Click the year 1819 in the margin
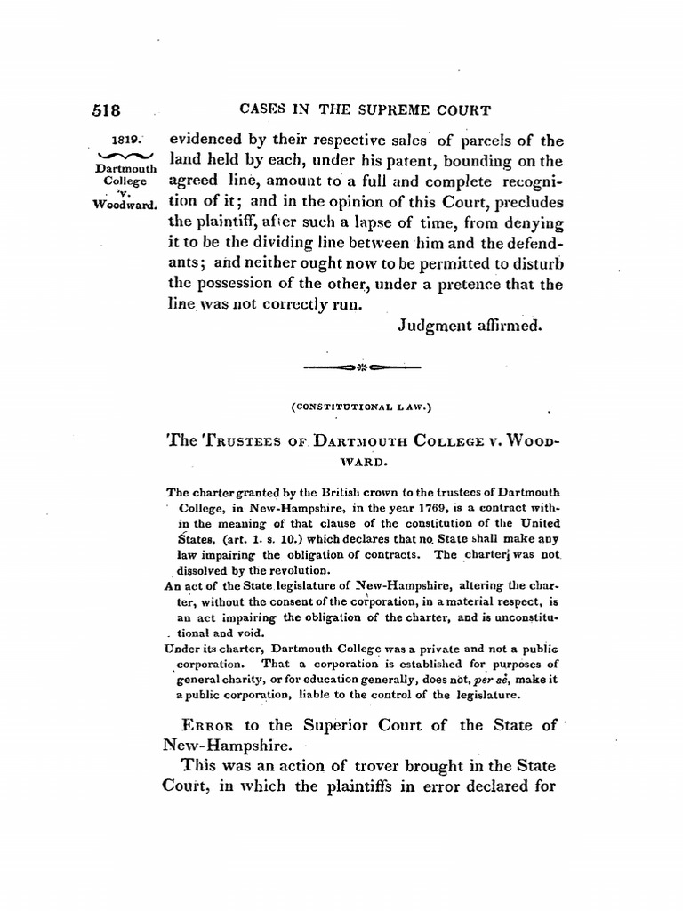(130, 140)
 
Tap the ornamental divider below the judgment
(362, 367)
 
